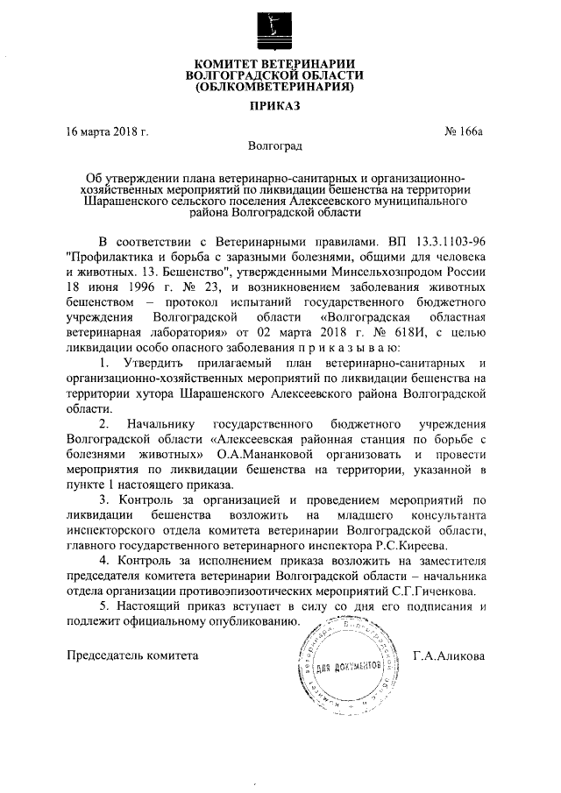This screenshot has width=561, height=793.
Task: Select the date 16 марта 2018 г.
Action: (107, 132)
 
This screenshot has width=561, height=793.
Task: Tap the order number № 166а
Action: (464, 132)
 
